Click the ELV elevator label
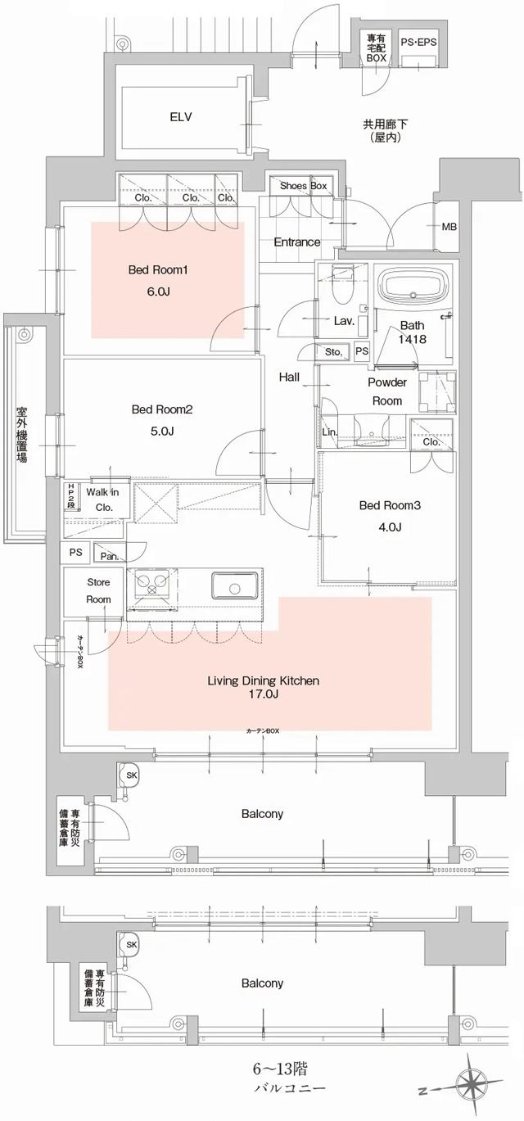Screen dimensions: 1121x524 click(x=180, y=117)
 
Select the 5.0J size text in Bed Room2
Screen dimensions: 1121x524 click(x=160, y=431)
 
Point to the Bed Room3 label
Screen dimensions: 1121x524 click(x=390, y=506)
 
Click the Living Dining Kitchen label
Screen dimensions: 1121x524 click(x=263, y=680)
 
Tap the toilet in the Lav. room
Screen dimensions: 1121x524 click(x=342, y=287)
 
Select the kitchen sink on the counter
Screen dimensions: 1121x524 click(x=235, y=585)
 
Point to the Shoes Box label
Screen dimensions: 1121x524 click(x=303, y=187)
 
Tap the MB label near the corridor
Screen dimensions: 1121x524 click(x=449, y=227)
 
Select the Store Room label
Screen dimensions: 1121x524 click(x=99, y=590)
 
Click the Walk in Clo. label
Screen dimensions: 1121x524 click(x=103, y=499)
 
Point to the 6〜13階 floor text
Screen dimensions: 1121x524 click(x=281, y=1069)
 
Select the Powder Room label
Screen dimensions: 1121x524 click(x=386, y=391)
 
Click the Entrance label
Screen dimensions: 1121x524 click(x=296, y=242)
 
